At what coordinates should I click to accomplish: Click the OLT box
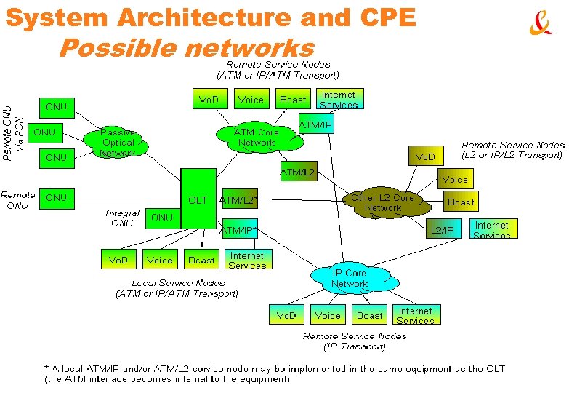198,199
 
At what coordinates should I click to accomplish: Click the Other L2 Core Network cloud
382,203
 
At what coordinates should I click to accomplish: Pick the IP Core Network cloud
349,278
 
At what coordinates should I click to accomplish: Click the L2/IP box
442,229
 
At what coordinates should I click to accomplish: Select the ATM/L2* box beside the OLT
239,199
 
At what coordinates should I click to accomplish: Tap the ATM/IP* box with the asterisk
239,230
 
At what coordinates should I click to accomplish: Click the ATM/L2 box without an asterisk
298,172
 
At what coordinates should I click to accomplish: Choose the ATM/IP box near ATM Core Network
315,125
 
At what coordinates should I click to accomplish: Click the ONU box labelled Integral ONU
162,217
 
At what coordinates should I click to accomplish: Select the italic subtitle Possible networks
185,49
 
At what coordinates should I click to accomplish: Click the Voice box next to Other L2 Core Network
454,179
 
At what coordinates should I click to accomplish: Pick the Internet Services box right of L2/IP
491,229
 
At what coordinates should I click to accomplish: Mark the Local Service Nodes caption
177,288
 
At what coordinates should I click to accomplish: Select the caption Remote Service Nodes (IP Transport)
355,341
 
